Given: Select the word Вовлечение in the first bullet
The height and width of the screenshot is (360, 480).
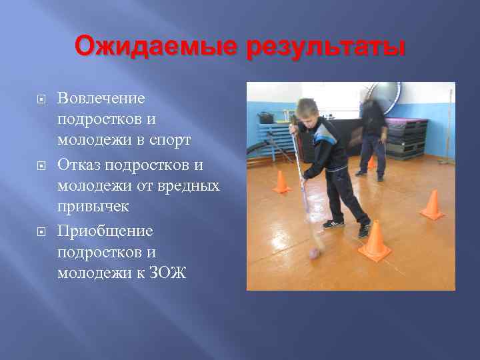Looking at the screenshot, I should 101,99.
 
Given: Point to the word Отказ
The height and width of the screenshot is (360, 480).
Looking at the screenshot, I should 80,164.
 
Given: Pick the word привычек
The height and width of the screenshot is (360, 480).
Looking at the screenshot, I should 93,207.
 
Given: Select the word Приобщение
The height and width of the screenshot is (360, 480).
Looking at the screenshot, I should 105,231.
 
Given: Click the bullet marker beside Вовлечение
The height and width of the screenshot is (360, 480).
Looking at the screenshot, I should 41,99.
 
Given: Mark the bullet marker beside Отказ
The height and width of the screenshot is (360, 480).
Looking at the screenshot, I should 41,165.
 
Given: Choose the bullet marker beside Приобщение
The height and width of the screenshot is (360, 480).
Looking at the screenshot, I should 41,231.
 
